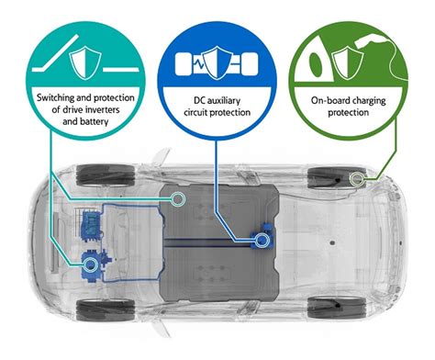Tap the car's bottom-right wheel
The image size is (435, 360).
(328, 309)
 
